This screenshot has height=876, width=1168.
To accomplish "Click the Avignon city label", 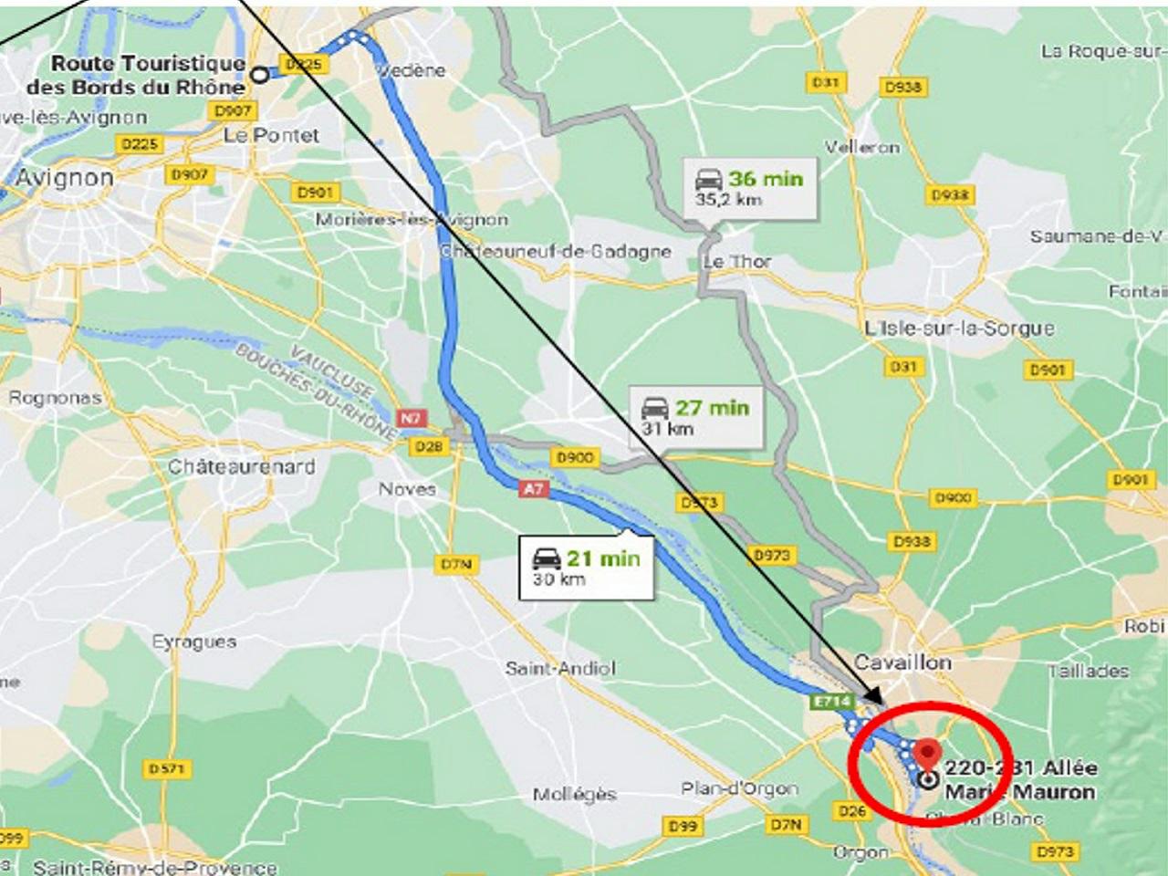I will click(64, 178).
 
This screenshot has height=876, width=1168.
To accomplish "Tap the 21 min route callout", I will click(587, 567).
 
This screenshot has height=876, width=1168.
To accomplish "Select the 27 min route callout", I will click(695, 416).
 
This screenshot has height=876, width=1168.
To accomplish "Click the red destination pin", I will click(928, 755).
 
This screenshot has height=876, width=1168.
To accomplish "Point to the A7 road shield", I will click(533, 489).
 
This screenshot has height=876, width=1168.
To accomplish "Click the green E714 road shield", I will click(831, 702).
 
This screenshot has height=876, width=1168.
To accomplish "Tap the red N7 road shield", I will click(412, 418).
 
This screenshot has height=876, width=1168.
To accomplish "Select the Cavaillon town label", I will click(902, 662).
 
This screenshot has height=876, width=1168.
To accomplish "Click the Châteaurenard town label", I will click(241, 466).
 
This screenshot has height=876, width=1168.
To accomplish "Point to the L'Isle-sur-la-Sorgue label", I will click(959, 328).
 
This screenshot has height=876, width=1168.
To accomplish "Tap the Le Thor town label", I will click(736, 262).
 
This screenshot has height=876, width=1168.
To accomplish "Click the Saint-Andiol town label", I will click(560, 668).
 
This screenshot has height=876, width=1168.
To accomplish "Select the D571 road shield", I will click(167, 769).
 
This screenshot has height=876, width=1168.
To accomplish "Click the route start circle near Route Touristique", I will click(260, 75).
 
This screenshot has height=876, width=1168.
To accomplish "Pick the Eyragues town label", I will click(193, 641).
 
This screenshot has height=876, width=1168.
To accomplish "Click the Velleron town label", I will click(862, 147).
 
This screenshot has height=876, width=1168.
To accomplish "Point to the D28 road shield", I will click(428, 446).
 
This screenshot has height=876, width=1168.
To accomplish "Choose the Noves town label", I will click(407, 489).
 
